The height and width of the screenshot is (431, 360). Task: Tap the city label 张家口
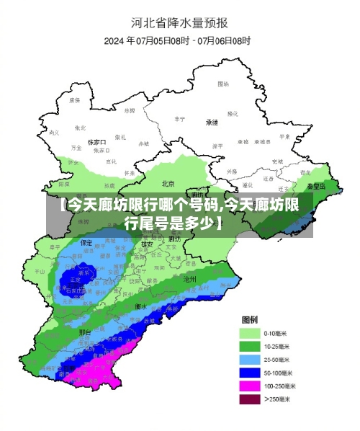[96, 143]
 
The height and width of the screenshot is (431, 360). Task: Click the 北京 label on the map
[168, 183]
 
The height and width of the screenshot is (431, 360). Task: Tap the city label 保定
[86, 242]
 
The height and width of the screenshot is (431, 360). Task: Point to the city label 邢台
[85, 332]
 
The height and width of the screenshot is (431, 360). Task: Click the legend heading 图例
[250, 319]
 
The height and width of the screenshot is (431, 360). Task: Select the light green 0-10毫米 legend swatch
[250, 334]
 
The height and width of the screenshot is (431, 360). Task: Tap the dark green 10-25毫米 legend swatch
[250, 347]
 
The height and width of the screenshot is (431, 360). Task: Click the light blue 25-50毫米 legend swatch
[250, 360]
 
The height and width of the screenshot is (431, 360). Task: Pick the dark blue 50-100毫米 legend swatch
[250, 373]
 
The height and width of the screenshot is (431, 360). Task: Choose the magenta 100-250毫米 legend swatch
[250, 386]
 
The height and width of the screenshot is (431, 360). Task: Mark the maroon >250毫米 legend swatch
[250, 399]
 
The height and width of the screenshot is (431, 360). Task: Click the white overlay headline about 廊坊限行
[180, 214]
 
